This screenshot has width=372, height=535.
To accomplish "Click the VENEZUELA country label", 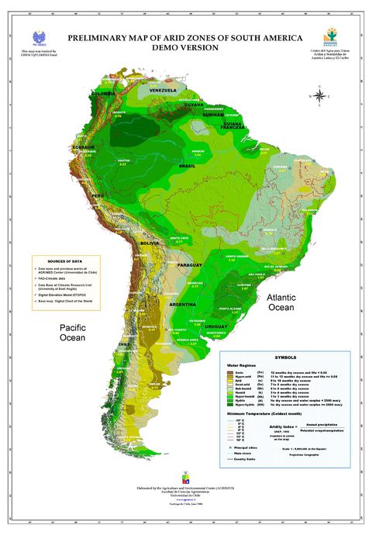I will coord(163,91).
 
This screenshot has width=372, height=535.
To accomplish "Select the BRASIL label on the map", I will coord(187,166).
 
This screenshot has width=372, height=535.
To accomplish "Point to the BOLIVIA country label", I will coord(149,243).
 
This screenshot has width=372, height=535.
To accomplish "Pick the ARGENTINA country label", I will coord(183,305).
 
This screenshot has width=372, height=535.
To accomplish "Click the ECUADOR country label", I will coord(84,147).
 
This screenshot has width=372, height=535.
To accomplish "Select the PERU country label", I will coord(98,196).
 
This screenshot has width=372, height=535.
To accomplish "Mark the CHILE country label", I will coord(123,343).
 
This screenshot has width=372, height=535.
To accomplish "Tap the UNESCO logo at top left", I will coord(40,36).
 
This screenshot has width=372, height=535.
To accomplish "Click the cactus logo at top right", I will coord(332,36).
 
